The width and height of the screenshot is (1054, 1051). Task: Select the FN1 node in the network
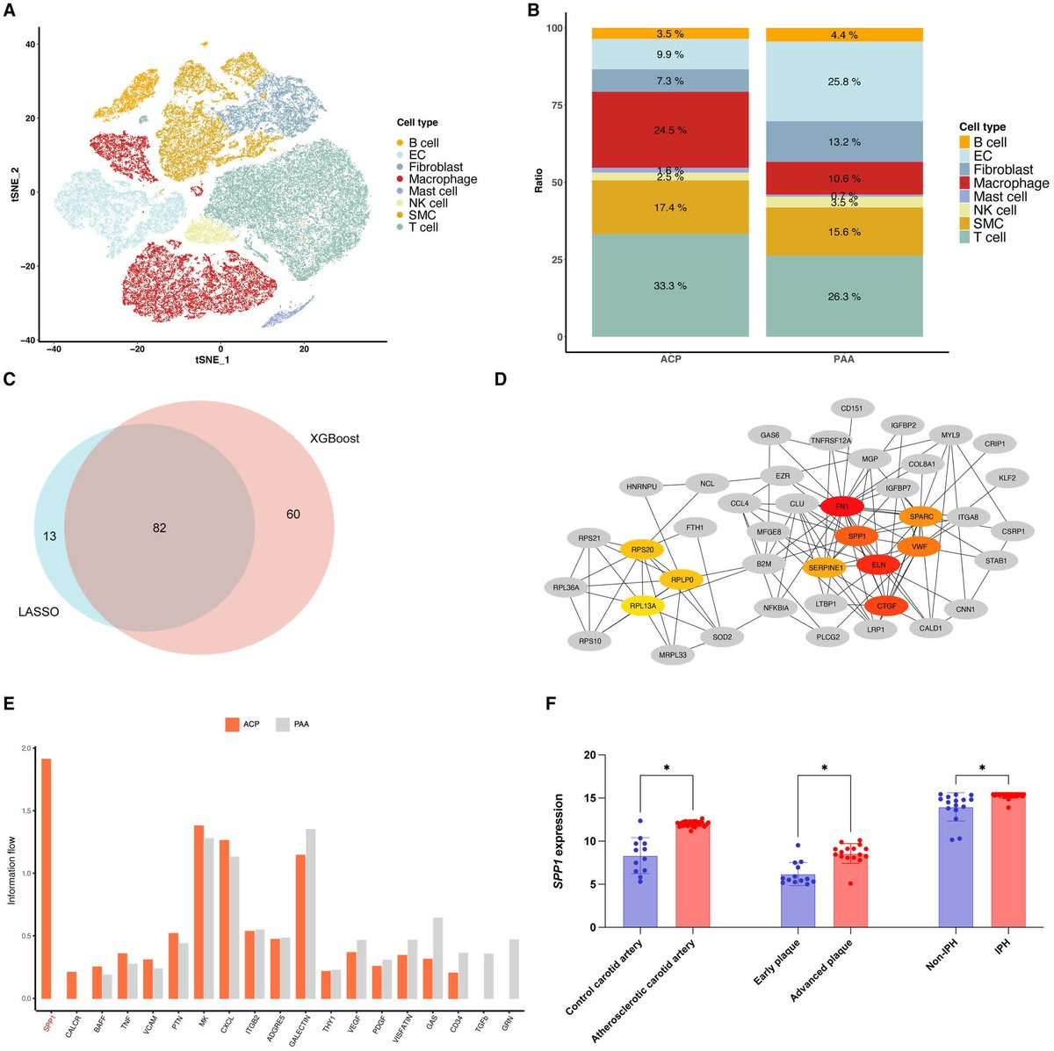coord(841,507)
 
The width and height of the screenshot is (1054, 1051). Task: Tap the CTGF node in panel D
coord(885,606)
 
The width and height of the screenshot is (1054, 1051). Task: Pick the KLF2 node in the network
coord(1007,479)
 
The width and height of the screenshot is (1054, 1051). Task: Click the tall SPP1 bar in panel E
coord(46,878)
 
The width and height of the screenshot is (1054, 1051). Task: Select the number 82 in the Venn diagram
coord(159,529)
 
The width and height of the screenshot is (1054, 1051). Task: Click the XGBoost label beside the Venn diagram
coord(335,438)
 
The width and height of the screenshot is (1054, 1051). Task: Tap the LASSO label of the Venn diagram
coord(39,612)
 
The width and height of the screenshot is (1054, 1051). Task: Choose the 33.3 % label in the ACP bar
coord(670,286)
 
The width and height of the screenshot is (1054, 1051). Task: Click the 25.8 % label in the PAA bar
coord(844,82)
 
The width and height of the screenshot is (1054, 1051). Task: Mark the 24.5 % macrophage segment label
coord(670,130)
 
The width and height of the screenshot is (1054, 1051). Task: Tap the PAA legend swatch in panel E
coord(283,724)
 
